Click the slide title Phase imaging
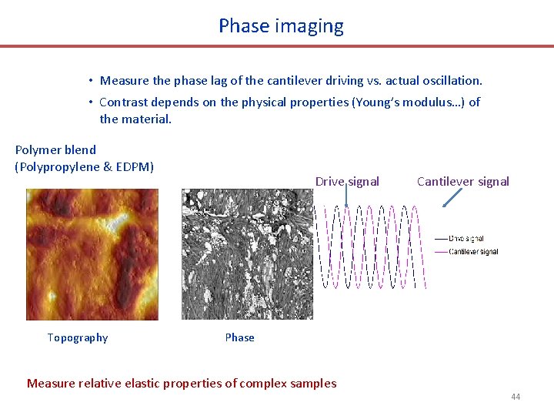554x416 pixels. click(x=281, y=26)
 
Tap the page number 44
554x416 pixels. click(x=515, y=397)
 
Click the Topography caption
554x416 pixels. click(x=78, y=337)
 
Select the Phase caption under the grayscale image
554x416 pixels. click(x=239, y=337)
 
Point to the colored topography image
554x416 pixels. click(x=92, y=254)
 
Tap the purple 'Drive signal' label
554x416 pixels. click(x=347, y=182)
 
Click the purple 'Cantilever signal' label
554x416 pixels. click(x=462, y=182)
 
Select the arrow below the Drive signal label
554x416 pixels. click(x=347, y=199)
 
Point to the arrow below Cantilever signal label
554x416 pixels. click(x=452, y=199)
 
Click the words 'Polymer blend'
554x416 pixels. click(x=55, y=150)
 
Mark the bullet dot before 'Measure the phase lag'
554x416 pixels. click(x=90, y=81)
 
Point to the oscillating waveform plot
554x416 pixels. click(x=374, y=247)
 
